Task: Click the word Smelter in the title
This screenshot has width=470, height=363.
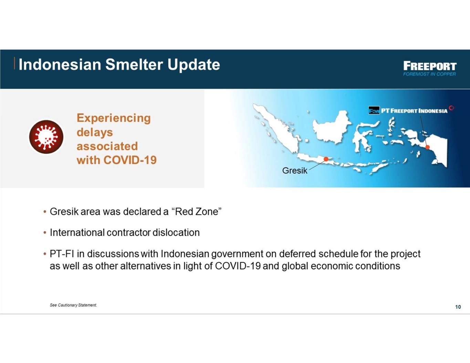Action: (134, 65)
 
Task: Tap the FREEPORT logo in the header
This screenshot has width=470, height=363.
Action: (430, 66)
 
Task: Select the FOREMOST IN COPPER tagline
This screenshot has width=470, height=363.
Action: (429, 74)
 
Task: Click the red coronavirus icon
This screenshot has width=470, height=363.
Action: (46, 137)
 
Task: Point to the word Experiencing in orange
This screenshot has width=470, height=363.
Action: (114, 118)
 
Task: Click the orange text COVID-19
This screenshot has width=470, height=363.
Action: (130, 160)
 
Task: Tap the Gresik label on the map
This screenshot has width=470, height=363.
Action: (295, 171)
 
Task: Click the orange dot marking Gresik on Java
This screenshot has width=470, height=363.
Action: (326, 159)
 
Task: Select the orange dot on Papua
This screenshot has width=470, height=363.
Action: (427, 147)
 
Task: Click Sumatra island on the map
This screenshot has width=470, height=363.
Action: (279, 129)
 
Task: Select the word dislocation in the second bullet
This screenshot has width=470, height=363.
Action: (176, 233)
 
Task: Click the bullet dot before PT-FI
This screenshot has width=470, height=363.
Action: (45, 254)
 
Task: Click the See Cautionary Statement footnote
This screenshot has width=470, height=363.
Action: (73, 305)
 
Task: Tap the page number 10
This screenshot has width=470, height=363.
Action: (458, 307)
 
